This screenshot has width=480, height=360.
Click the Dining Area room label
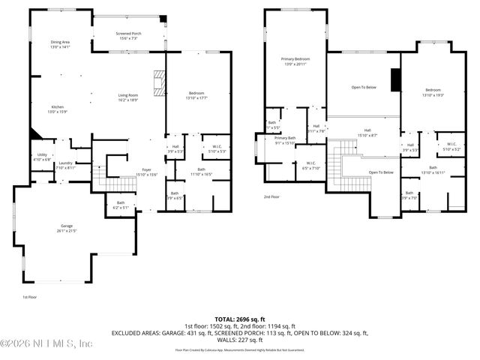60,44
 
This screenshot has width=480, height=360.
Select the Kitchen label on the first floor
58,109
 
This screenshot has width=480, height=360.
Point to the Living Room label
128,97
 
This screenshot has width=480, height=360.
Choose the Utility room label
42,156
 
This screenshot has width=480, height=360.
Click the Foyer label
146,172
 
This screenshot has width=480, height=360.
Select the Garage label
66,226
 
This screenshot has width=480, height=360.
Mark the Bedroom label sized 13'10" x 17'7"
197,95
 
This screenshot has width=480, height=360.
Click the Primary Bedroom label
295,61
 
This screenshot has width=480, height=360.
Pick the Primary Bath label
285,140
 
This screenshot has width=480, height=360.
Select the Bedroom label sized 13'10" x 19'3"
433,92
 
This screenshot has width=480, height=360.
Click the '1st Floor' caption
30,297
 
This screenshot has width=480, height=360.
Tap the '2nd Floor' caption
271,197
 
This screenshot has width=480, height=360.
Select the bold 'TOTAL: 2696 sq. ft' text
240,319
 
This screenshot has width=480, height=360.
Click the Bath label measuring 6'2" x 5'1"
121,205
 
